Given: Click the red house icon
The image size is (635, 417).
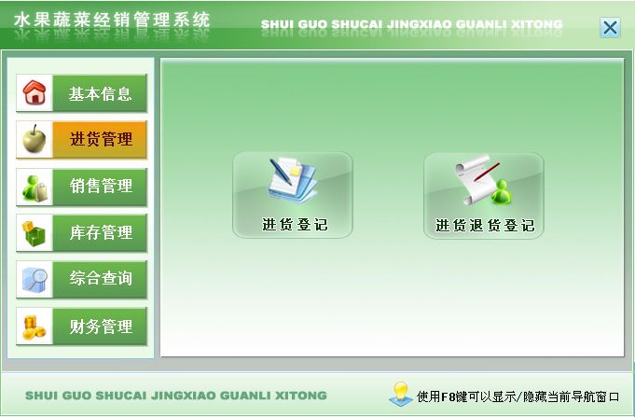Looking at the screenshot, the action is coord(35,92).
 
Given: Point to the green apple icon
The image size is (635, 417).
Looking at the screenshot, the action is coord(34,139).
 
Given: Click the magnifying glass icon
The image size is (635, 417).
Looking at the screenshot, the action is coord(35,279).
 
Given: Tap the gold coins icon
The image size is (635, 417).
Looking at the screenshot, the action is coord(34,327).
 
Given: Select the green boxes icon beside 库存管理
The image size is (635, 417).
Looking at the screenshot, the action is coord(34,233).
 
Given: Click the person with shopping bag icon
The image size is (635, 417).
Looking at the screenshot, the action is coord(35,188).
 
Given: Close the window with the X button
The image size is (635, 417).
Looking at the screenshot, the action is coord(610,28).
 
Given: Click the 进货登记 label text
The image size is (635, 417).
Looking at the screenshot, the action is coord(295,225).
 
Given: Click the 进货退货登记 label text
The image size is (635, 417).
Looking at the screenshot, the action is coord(485,226).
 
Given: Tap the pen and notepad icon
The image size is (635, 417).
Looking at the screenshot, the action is coord(293,180).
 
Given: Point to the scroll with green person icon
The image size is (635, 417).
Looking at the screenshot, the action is coord(483,179).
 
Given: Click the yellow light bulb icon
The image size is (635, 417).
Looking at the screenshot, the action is coord(401,394).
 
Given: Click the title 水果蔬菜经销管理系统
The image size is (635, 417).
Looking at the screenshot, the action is coord(112,20).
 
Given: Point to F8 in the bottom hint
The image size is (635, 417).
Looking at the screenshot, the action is coord(448,396).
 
